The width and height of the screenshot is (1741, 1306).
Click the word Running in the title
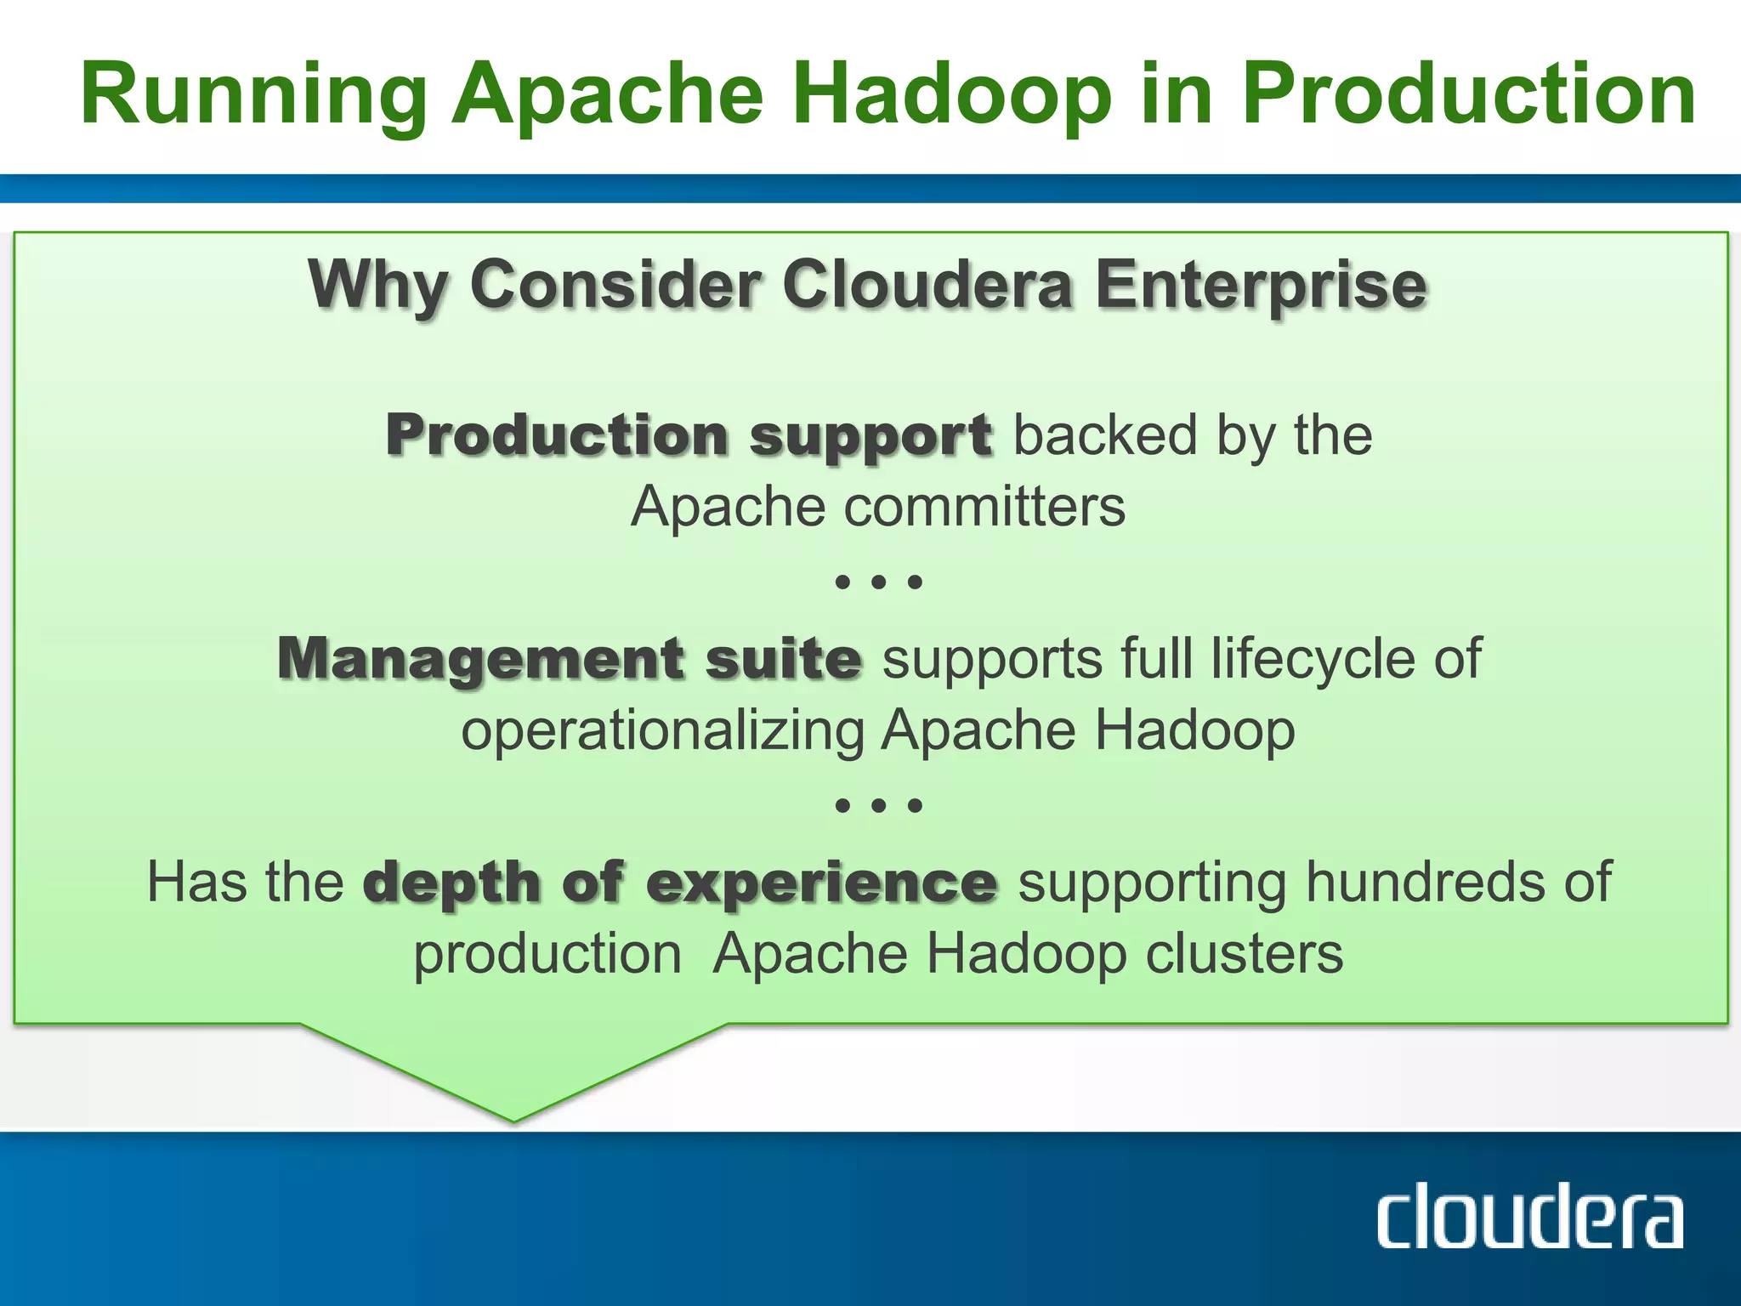pos(253,95)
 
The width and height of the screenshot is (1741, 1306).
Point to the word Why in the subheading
pos(377,286)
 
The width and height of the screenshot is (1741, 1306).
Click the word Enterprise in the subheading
pos(1261,286)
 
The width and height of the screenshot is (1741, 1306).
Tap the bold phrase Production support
pos(689,436)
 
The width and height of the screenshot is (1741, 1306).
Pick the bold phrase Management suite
pos(570,659)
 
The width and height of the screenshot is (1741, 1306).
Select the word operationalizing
pos(663,731)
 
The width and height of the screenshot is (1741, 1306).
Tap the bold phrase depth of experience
pos(680,883)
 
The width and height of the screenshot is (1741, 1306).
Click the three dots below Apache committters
pos(879,582)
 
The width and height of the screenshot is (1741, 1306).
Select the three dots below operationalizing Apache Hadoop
pos(879,805)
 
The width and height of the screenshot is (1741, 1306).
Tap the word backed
pos(1105,436)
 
